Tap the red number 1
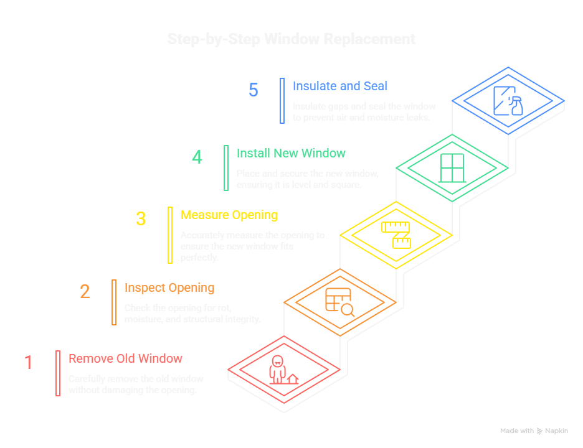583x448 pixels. point(28,362)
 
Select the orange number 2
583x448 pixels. point(85,291)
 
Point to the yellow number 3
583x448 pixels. point(141,219)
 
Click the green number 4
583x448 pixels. point(197,157)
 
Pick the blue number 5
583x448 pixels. point(253,90)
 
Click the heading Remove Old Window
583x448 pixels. point(125,358)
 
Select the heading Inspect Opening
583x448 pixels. point(169,287)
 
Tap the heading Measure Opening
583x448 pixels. point(229,215)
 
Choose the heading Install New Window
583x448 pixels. point(291,153)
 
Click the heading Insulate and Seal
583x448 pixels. point(339,86)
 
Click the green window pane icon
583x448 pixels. point(452,167)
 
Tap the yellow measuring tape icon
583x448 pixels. point(397,234)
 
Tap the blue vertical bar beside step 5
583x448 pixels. point(282,100)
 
